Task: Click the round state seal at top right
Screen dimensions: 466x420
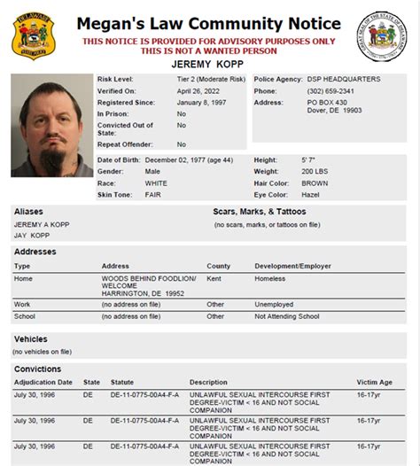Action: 382,37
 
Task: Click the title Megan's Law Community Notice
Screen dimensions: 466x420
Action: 208,23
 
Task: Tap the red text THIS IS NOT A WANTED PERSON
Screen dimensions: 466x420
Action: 208,50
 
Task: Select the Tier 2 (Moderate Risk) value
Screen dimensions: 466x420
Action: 211,79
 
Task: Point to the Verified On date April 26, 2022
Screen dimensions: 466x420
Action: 197,89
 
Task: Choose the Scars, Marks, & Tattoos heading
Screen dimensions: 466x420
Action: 260,212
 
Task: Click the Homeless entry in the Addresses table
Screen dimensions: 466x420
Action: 269,279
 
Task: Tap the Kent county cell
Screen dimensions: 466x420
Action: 214,279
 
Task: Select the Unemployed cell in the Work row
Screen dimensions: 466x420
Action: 274,303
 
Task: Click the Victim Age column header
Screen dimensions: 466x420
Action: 374,382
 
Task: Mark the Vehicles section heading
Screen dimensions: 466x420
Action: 30,338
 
